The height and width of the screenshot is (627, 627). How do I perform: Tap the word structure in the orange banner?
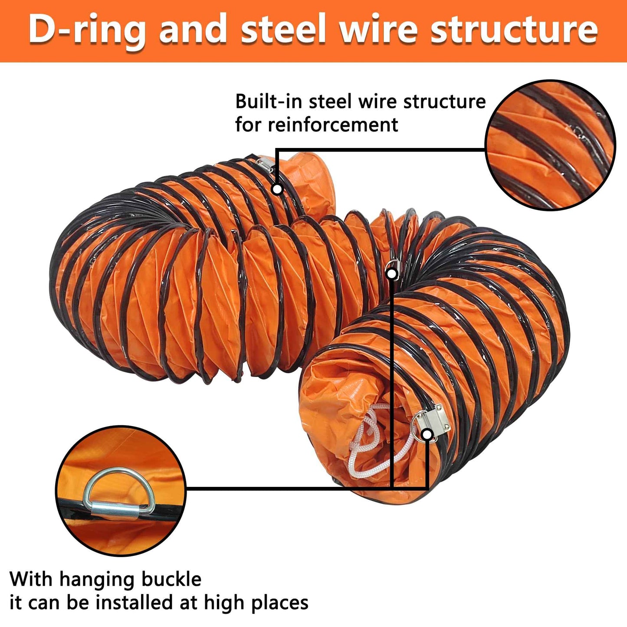point(514,30)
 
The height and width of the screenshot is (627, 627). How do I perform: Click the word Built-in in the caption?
point(269,102)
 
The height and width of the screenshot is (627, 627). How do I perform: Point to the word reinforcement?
point(333,125)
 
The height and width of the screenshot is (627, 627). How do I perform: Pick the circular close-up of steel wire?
point(550,145)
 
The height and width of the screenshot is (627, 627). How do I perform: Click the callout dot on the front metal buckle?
point(427,434)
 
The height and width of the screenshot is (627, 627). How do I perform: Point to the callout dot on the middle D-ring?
point(392,274)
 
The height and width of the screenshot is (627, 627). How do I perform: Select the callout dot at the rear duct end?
point(277,189)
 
